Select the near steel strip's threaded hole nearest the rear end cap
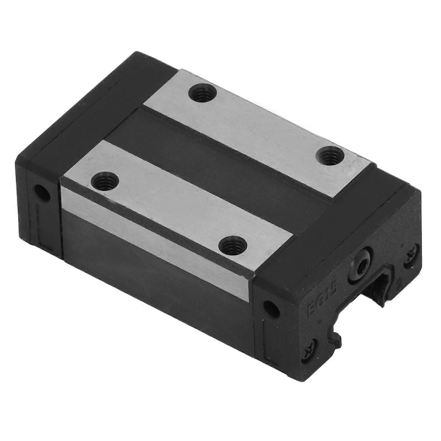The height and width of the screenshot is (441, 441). (104, 182)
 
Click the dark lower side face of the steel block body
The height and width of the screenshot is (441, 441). (154, 262)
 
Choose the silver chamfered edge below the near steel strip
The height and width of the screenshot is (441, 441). (154, 220)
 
